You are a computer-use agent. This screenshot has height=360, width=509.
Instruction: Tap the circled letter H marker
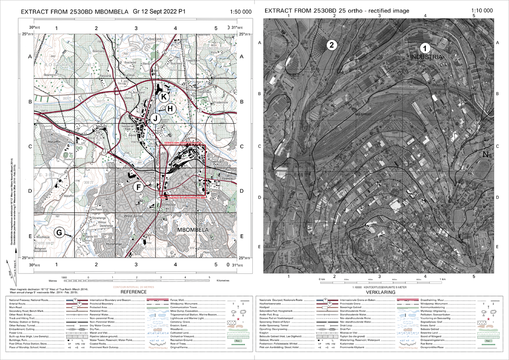170,109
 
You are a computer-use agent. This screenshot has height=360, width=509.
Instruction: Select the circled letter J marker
156,118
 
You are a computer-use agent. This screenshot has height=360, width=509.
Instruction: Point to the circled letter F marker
138,187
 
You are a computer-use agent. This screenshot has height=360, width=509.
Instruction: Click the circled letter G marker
60,232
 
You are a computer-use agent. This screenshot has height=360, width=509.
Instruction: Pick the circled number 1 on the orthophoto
425,48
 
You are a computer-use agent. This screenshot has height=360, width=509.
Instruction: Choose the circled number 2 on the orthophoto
331,45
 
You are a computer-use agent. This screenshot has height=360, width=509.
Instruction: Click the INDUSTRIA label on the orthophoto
426,57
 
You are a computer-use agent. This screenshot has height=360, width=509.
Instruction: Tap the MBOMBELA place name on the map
193,230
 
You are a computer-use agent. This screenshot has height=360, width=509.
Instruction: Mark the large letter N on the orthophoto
486,154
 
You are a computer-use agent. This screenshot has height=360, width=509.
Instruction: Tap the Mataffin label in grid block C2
101,126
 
